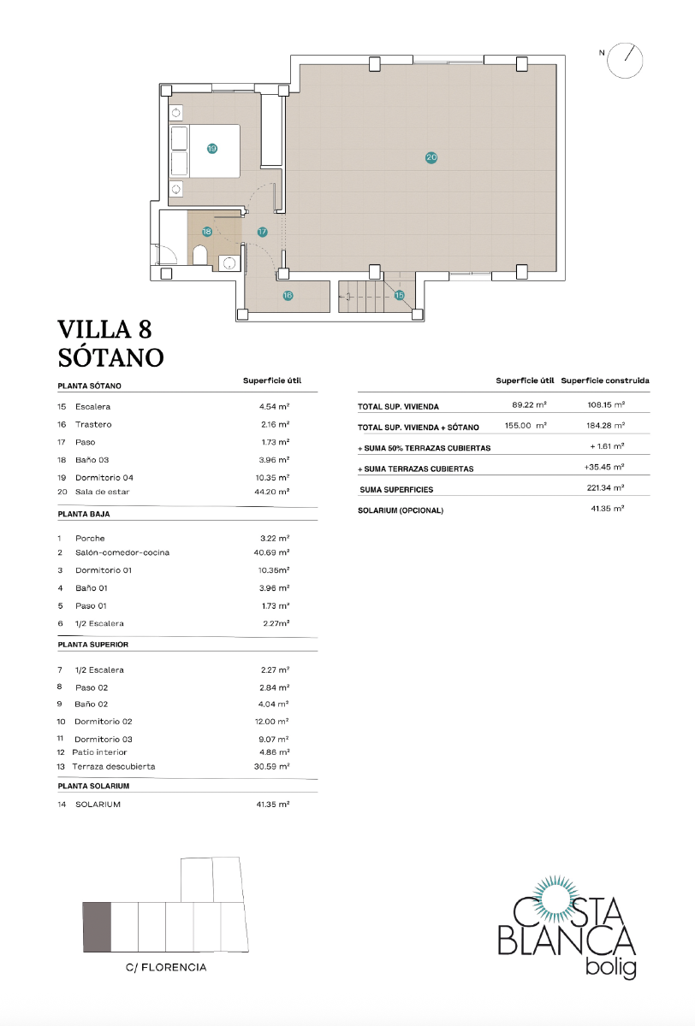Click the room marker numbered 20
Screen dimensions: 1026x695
[431, 157]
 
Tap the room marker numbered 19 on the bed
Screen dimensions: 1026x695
[212, 148]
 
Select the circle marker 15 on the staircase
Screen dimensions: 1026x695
[399, 295]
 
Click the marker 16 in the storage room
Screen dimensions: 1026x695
[288, 295]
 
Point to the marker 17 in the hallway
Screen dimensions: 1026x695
[262, 232]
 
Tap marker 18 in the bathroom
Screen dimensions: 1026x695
[207, 232]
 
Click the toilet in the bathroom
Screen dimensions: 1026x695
[199, 256]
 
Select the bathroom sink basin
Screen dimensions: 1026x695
[229, 263]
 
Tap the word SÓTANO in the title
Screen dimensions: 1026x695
[110, 356]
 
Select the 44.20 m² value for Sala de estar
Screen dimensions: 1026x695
[274, 492]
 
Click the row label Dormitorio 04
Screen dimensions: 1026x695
[104, 477]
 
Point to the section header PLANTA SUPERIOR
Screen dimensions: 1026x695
[92, 644]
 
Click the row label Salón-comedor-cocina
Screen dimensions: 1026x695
[122, 552]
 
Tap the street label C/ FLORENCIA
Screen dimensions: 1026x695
[166, 968]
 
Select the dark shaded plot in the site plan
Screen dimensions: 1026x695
[97, 926]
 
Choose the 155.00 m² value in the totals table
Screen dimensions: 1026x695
[525, 426]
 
